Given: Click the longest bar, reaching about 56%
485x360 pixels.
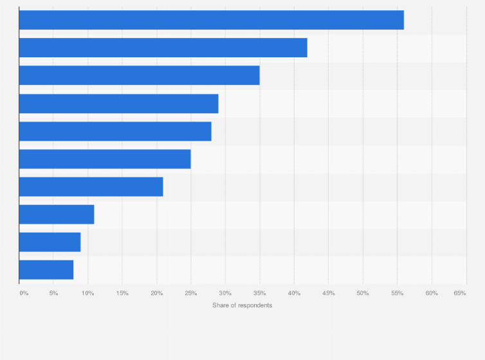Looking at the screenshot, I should [211, 20].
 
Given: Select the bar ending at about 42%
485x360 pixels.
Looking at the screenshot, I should [163, 48].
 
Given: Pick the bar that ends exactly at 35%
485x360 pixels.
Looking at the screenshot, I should [139, 75].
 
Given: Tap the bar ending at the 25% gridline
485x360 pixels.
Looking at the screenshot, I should [105, 159].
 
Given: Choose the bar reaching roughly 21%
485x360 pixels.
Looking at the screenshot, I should [91, 186].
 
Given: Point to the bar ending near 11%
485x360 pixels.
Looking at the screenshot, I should [57, 214].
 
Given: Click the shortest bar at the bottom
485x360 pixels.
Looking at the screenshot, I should [46, 269].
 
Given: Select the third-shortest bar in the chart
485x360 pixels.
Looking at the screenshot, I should [57, 214].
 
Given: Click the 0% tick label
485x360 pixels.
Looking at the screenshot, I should [24, 293].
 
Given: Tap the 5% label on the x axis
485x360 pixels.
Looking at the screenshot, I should [53, 293].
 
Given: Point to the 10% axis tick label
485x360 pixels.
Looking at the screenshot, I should [87, 293].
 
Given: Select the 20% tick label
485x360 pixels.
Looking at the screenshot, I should [156, 293].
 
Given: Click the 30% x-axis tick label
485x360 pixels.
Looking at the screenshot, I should [225, 293].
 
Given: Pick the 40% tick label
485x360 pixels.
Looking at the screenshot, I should [294, 293].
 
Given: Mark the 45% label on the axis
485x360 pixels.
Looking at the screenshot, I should [328, 293].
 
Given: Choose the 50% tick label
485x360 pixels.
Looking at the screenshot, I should [363, 293].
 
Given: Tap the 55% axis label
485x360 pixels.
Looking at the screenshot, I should [397, 293].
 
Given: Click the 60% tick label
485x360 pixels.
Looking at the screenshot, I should [432, 293].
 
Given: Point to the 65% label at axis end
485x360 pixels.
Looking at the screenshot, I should [459, 293].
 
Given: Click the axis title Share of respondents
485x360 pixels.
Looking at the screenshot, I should [242, 305].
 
